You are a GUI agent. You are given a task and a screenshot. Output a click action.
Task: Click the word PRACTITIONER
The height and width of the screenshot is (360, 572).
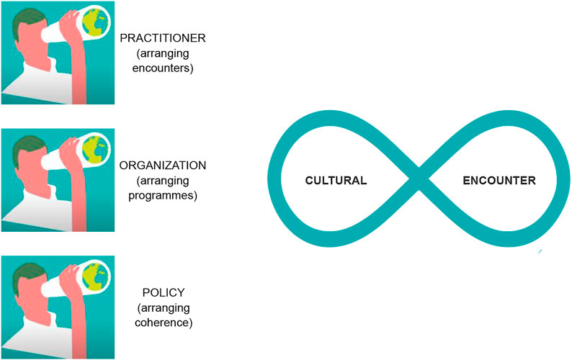163,38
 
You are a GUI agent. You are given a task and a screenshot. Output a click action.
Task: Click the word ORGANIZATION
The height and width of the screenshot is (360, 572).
163,166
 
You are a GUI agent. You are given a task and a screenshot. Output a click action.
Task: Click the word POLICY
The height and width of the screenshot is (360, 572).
164,292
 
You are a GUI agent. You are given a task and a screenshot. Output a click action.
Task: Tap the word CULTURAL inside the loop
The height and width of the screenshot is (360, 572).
336,181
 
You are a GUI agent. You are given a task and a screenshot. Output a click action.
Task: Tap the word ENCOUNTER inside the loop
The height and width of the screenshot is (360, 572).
499,181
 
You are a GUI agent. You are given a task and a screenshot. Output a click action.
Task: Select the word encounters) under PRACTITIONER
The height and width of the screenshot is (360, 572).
163,68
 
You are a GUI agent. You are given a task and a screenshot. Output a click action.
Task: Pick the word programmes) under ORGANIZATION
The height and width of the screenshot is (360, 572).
163,196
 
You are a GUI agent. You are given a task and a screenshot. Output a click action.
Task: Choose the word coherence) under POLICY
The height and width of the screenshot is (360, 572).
164,323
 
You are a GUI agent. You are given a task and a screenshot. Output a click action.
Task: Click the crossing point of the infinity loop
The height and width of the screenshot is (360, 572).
419,179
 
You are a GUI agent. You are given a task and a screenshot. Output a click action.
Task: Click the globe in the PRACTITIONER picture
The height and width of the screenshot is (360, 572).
96,22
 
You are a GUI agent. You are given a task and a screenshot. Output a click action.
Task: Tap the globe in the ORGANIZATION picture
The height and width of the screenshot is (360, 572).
96,149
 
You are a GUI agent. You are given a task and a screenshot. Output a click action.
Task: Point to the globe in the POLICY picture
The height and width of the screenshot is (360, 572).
96,276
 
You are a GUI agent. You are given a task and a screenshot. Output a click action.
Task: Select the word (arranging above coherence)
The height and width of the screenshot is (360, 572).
164,308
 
